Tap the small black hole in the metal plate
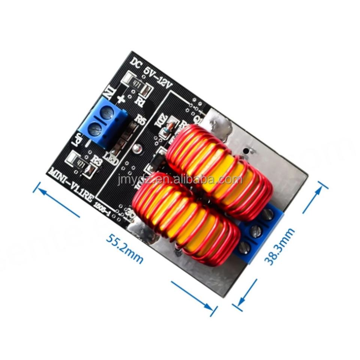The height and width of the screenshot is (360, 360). click(x=246, y=151)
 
